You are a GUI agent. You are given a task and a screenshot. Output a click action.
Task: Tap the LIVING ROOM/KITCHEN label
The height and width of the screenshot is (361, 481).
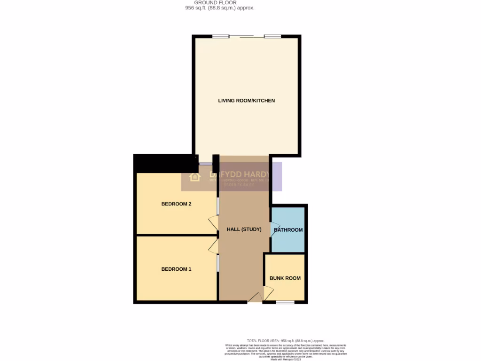pos(246,101)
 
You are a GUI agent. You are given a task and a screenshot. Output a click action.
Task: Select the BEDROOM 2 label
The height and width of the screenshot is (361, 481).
pos(176,204)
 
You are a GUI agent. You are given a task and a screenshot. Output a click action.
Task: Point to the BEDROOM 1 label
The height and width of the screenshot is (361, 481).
pos(176,269)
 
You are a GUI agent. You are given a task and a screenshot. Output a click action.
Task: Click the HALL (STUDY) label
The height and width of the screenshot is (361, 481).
pos(244,229)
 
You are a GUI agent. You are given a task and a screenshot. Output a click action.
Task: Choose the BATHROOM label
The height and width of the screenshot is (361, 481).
pos(288,230)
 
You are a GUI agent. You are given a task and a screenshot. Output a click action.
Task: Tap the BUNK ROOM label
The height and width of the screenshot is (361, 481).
pos(285,278)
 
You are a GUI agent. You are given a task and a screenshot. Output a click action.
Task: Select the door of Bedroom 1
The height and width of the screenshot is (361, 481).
pos(213,245)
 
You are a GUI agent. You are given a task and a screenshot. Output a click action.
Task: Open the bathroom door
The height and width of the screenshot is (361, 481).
pos(272,229)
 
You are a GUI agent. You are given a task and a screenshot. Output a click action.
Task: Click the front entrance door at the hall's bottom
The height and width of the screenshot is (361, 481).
pos(255,298)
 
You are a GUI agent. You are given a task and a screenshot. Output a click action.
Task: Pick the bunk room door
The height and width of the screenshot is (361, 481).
pos(268,294)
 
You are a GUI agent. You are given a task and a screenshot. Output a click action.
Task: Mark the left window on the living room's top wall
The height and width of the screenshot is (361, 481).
pos(221,36)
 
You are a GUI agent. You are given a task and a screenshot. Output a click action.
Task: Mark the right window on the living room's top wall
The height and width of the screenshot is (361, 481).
pos(272,36)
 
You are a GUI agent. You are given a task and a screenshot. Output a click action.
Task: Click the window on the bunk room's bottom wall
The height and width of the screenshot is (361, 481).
pos(285,302)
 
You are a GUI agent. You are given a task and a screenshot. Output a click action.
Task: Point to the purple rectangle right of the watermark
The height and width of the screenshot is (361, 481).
pos(278,176)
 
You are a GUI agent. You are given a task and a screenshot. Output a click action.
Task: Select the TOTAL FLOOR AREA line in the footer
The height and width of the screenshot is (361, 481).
pos(286,341)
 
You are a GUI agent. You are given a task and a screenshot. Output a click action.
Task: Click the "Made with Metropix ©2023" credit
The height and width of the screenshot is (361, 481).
pos(286,359)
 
